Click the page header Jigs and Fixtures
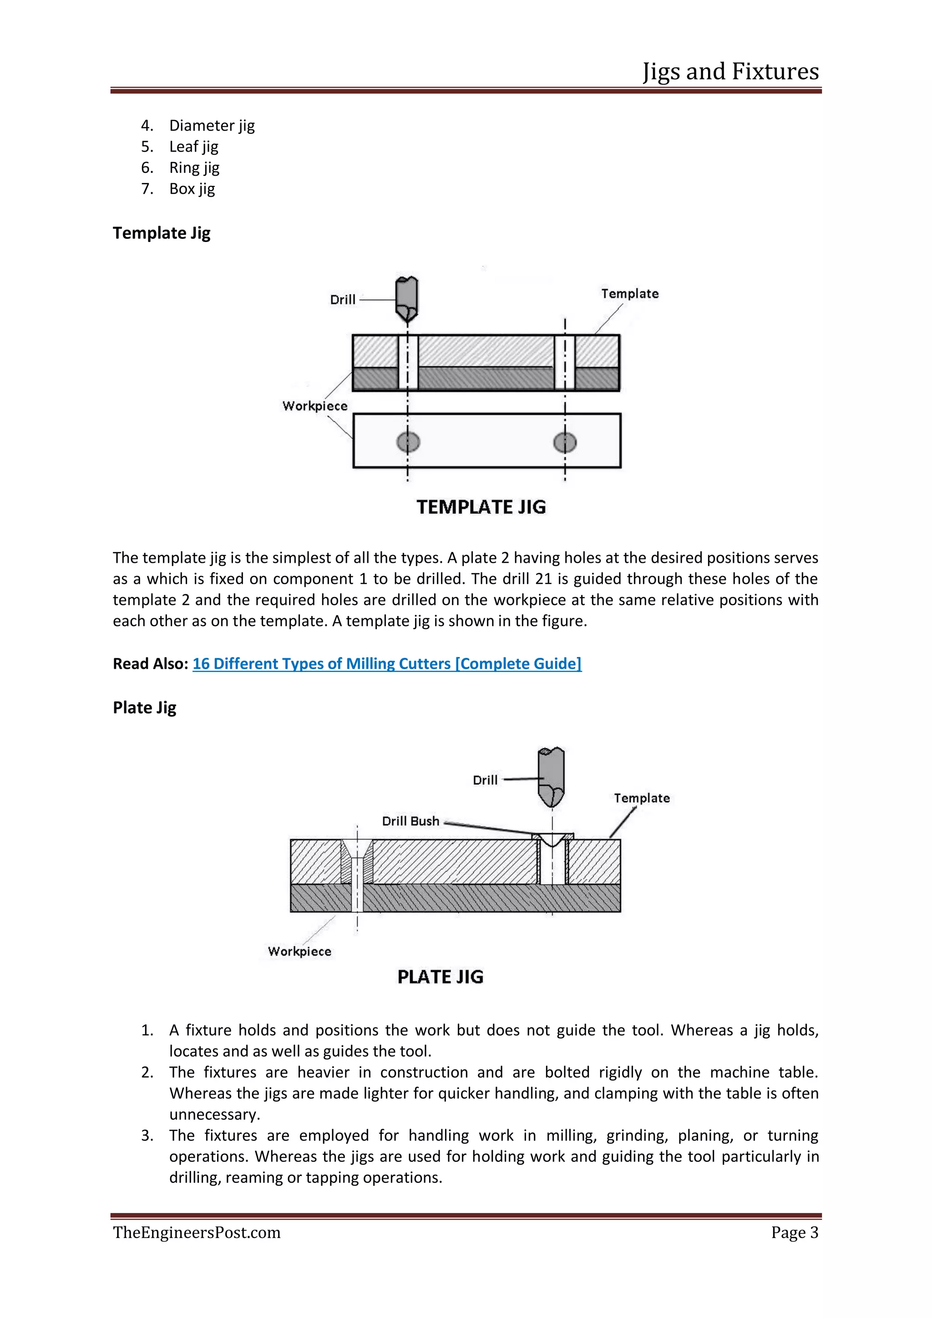pos(730,72)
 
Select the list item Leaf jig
pos(193,147)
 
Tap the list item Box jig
pos(192,189)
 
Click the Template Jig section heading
pos(162,233)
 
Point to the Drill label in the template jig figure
pos(343,300)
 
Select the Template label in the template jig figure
pos(629,294)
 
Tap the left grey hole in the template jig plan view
pos(408,442)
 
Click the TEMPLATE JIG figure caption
pos(481,507)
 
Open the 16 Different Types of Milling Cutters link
pos(386,664)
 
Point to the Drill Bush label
pos(410,821)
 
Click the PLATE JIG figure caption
pos(440,977)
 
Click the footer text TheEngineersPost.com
pos(197,1232)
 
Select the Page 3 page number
pos(794,1232)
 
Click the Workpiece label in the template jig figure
pos(314,406)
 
